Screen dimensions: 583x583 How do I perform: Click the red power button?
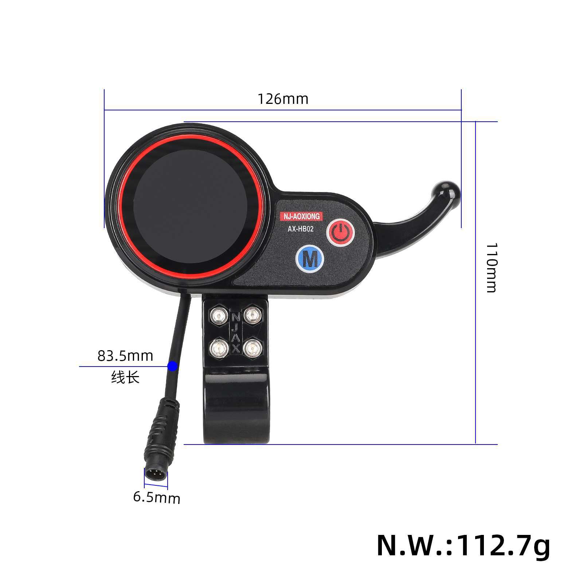[x=340, y=232]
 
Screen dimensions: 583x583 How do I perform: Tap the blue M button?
[x=310, y=259]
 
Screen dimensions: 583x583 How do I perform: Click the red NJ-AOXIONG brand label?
[x=302, y=216]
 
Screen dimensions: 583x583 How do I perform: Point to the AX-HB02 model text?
[x=301, y=229]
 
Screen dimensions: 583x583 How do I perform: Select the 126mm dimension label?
[x=283, y=99]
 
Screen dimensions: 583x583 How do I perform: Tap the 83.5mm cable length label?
[x=125, y=356]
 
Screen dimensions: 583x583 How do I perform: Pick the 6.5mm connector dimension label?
[x=157, y=497]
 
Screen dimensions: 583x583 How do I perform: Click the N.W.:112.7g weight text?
[x=463, y=545]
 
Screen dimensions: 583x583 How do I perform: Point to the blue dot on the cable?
[x=172, y=366]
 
